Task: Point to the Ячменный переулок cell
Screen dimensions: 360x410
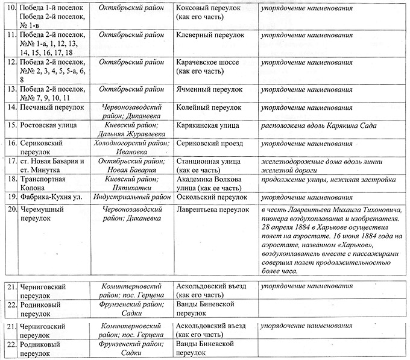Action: pos(207,89)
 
